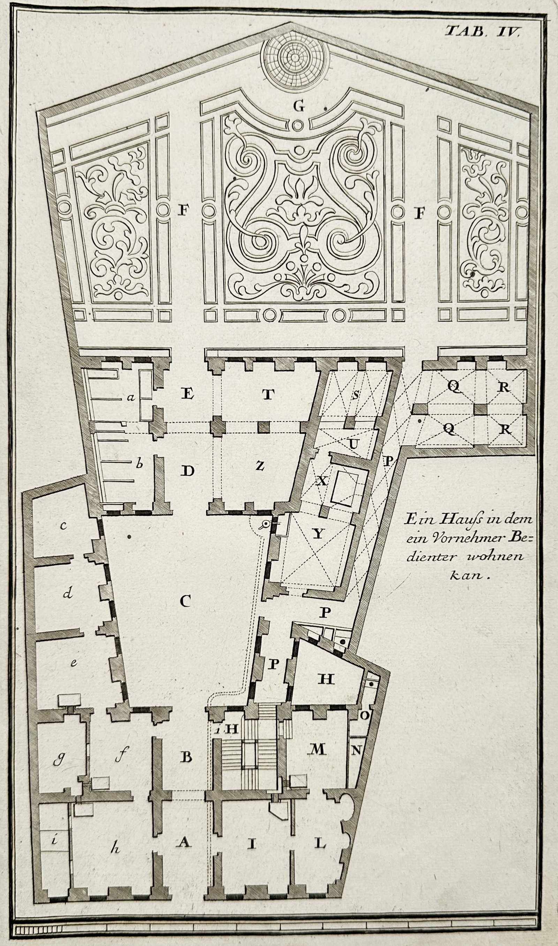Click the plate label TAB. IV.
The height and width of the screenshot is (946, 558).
tap(482, 30)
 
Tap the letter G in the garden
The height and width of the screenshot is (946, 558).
tap(299, 107)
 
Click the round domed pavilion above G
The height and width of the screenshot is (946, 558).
tap(295, 60)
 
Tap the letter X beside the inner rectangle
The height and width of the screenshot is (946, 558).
tap(322, 481)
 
